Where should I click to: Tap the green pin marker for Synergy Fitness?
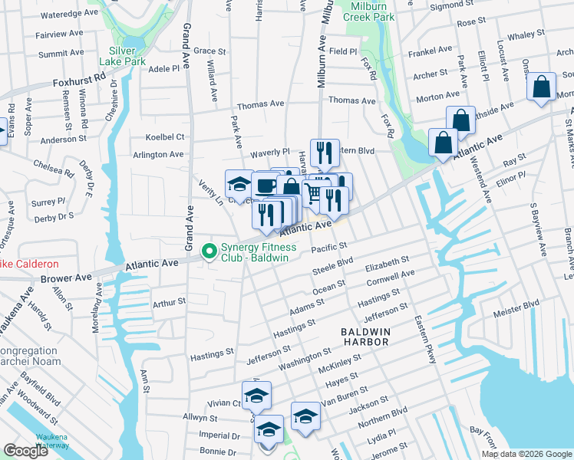point(207,251)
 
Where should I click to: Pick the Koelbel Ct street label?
point(165,137)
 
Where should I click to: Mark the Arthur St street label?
point(170,303)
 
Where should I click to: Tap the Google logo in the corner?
point(26,451)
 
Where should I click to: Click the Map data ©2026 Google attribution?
point(526,454)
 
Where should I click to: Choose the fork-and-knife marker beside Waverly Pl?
point(325,153)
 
